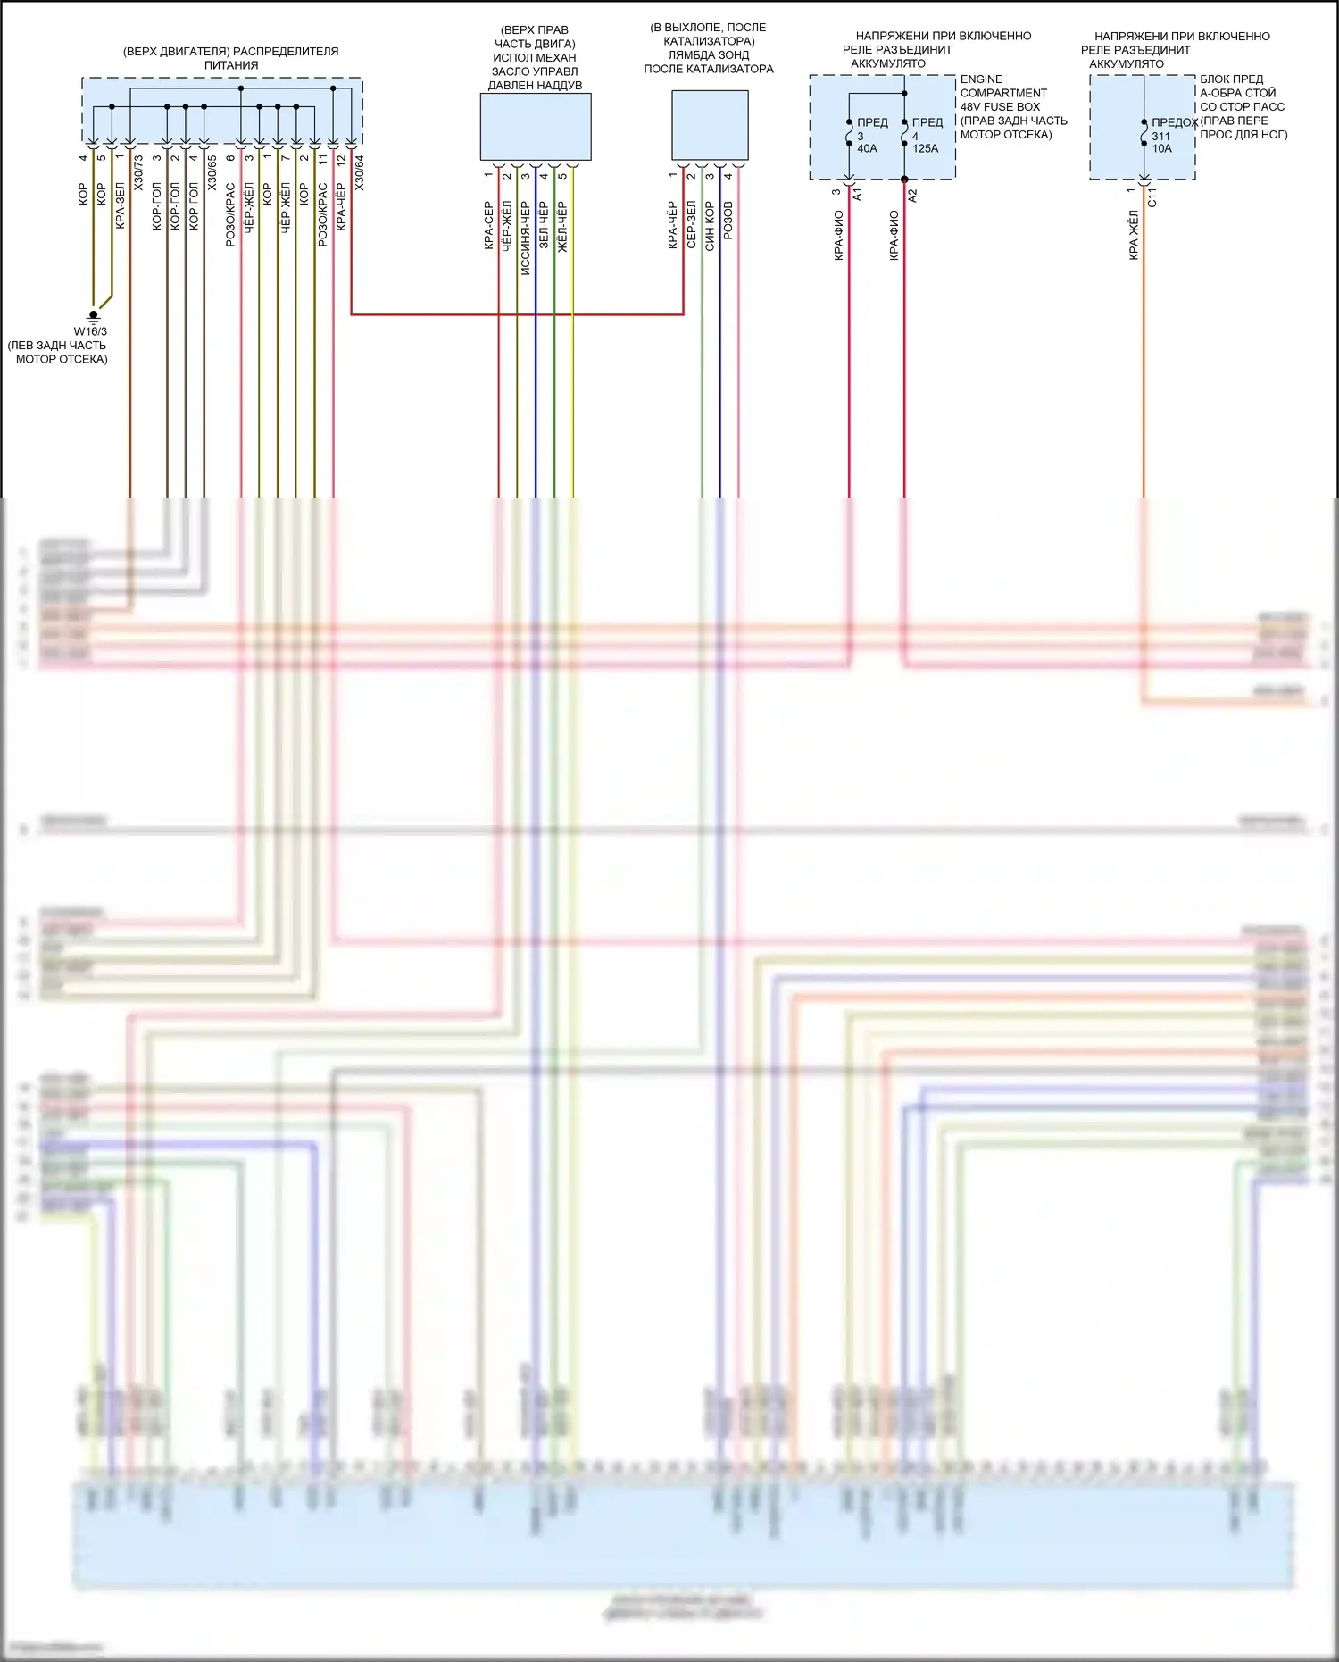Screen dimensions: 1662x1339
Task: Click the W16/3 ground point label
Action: (x=90, y=332)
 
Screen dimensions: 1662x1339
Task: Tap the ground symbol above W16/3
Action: (x=93, y=315)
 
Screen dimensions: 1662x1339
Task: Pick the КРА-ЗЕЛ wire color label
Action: (x=121, y=206)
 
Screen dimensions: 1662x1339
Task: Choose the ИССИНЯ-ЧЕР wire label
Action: (x=526, y=238)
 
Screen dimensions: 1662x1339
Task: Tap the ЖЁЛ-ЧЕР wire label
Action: (x=562, y=226)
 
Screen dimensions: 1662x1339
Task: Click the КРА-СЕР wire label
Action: (x=489, y=226)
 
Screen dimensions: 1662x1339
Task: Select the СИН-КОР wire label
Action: (x=710, y=226)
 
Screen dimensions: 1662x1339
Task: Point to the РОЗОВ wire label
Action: (x=728, y=220)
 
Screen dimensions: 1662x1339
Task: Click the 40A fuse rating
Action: (x=867, y=149)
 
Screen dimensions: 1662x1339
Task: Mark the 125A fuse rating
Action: (x=926, y=149)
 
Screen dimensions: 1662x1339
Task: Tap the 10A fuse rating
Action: (x=1161, y=149)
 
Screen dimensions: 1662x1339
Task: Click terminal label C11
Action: (x=1152, y=197)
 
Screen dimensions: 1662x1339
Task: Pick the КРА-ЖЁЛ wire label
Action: (x=1134, y=235)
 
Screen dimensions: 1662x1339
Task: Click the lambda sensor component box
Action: (x=710, y=125)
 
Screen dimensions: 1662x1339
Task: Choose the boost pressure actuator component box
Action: (x=536, y=127)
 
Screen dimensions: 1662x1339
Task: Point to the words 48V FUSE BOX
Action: (x=1000, y=107)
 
